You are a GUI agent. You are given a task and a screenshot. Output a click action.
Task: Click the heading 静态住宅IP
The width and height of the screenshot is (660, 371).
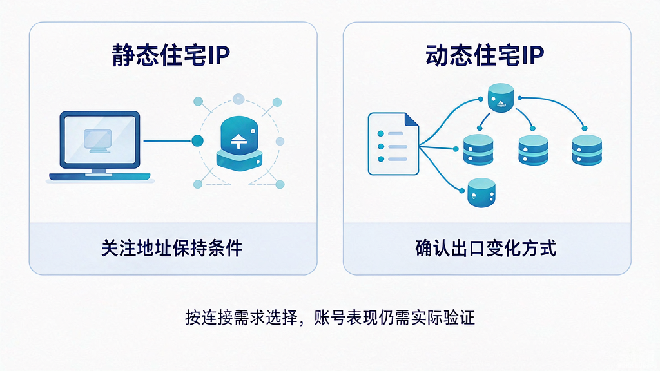tap(171, 55)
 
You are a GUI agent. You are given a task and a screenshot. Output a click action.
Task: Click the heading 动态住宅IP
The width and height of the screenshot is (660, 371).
tap(485, 55)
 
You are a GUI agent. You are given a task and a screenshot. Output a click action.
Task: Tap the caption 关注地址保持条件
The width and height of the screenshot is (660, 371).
tap(171, 248)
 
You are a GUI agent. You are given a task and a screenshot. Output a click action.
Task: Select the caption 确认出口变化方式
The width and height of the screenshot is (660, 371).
tap(486, 248)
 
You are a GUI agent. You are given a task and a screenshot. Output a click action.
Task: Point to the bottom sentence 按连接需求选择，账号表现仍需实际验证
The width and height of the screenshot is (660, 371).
tap(330, 318)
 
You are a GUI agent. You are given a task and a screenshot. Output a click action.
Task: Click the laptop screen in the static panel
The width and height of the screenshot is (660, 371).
tap(100, 140)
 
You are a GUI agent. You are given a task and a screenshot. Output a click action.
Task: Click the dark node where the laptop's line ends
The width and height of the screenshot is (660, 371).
tap(197, 141)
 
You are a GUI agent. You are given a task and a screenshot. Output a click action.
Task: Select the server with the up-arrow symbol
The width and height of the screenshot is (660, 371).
tap(239, 144)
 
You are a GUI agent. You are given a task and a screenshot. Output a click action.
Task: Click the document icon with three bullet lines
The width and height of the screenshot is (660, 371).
tap(393, 144)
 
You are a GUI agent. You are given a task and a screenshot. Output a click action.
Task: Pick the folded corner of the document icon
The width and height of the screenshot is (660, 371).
tap(412, 119)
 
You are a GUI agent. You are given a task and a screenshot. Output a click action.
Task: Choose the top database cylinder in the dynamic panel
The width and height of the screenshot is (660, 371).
tap(500, 98)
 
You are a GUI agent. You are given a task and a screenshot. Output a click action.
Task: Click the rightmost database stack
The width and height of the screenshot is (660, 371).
tap(587, 149)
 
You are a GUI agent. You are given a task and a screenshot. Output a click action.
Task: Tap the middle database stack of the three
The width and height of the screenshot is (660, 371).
tap(533, 149)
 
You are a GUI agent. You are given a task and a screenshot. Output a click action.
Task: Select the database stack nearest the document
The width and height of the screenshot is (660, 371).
tap(478, 149)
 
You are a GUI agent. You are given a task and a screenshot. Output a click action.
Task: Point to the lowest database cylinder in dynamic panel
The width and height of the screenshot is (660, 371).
tap(481, 193)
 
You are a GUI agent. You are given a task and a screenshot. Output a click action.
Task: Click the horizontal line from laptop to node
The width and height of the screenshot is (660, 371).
tap(168, 141)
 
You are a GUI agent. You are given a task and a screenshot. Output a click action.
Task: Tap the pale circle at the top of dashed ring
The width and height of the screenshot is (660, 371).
tap(238, 99)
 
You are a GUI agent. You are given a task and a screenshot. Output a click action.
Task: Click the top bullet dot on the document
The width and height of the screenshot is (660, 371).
tap(381, 134)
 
